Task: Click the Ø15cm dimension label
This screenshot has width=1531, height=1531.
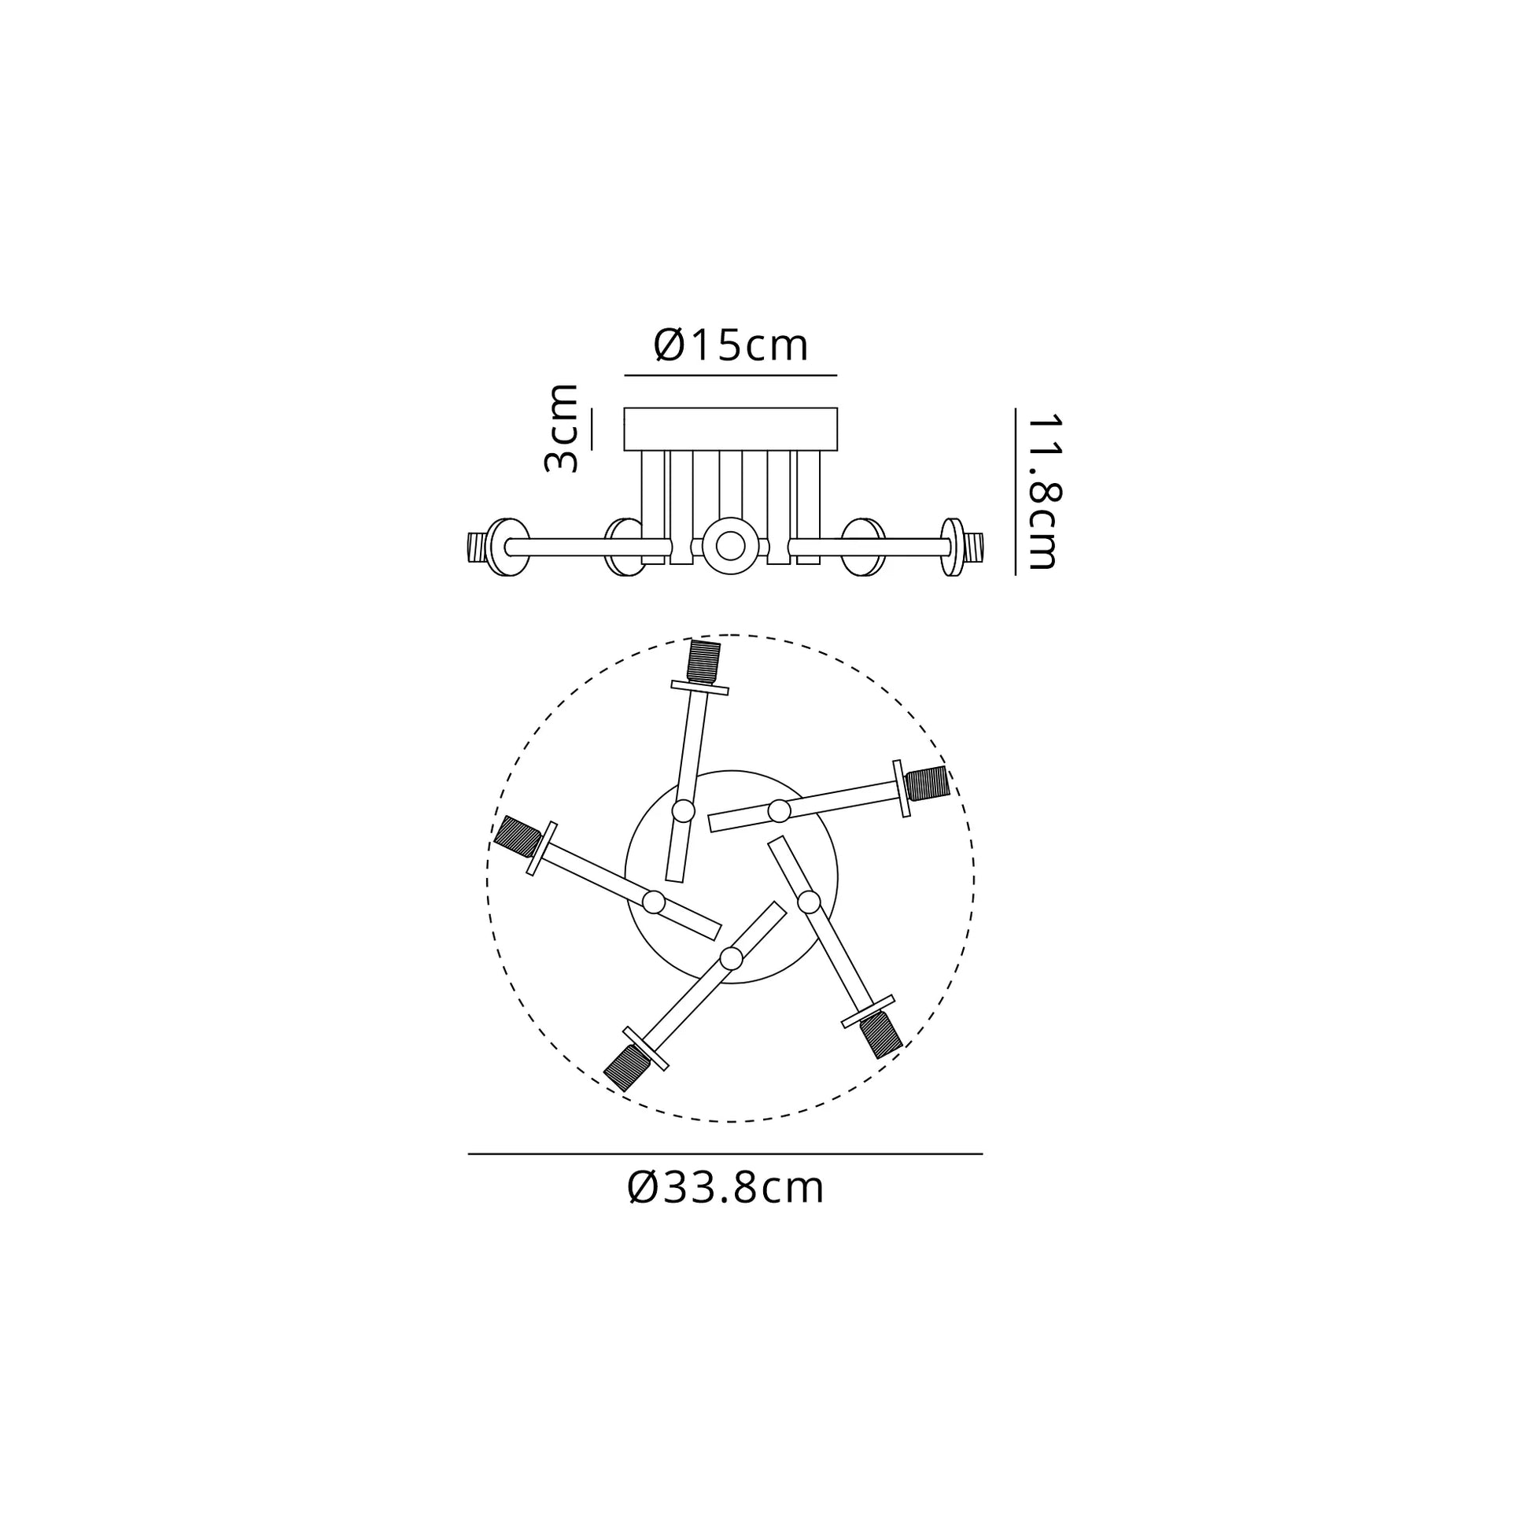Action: (x=731, y=345)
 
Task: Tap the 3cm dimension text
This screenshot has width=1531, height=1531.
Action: (x=562, y=429)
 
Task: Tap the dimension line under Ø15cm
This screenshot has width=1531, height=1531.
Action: (x=731, y=374)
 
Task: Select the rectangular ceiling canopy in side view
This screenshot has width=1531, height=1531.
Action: (x=731, y=430)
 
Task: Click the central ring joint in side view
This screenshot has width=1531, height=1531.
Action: (x=730, y=545)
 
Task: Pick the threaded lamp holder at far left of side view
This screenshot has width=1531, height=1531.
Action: (x=475, y=547)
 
